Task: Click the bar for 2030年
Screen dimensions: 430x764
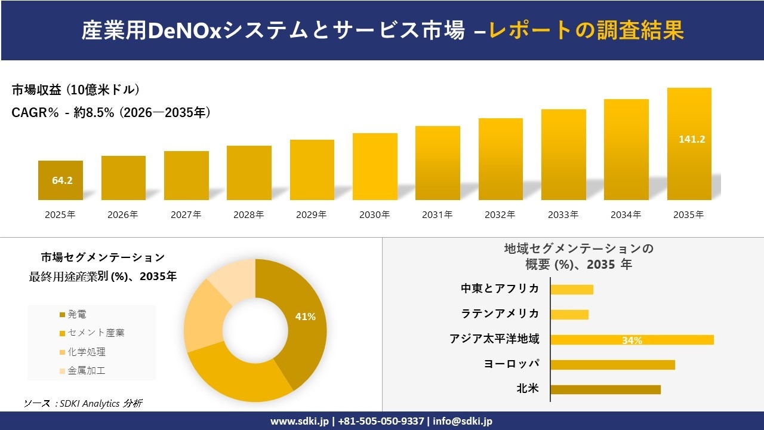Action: (375, 167)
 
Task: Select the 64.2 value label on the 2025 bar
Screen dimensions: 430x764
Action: (62, 180)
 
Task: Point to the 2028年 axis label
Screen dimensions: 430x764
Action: (249, 215)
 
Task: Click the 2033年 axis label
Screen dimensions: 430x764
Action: (563, 215)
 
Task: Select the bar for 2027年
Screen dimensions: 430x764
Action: (186, 176)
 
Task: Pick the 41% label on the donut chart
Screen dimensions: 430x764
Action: (305, 317)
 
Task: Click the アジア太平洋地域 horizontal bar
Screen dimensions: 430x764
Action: (632, 340)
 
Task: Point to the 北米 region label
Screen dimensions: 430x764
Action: (528, 389)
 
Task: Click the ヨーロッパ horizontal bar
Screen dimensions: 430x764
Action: (612, 364)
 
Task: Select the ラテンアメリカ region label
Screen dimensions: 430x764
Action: (500, 314)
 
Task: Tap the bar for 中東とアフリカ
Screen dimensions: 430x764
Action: (572, 290)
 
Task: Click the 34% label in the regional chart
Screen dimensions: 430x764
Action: (631, 340)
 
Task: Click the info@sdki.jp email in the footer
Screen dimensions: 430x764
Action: (463, 421)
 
